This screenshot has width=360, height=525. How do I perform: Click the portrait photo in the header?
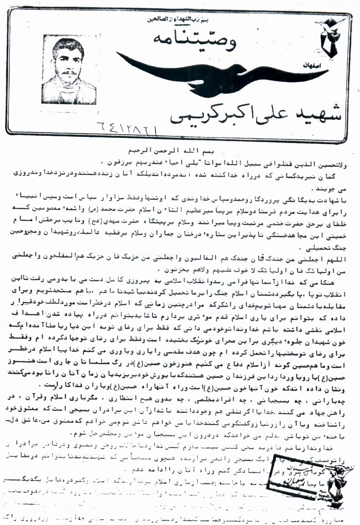pos(69,69)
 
